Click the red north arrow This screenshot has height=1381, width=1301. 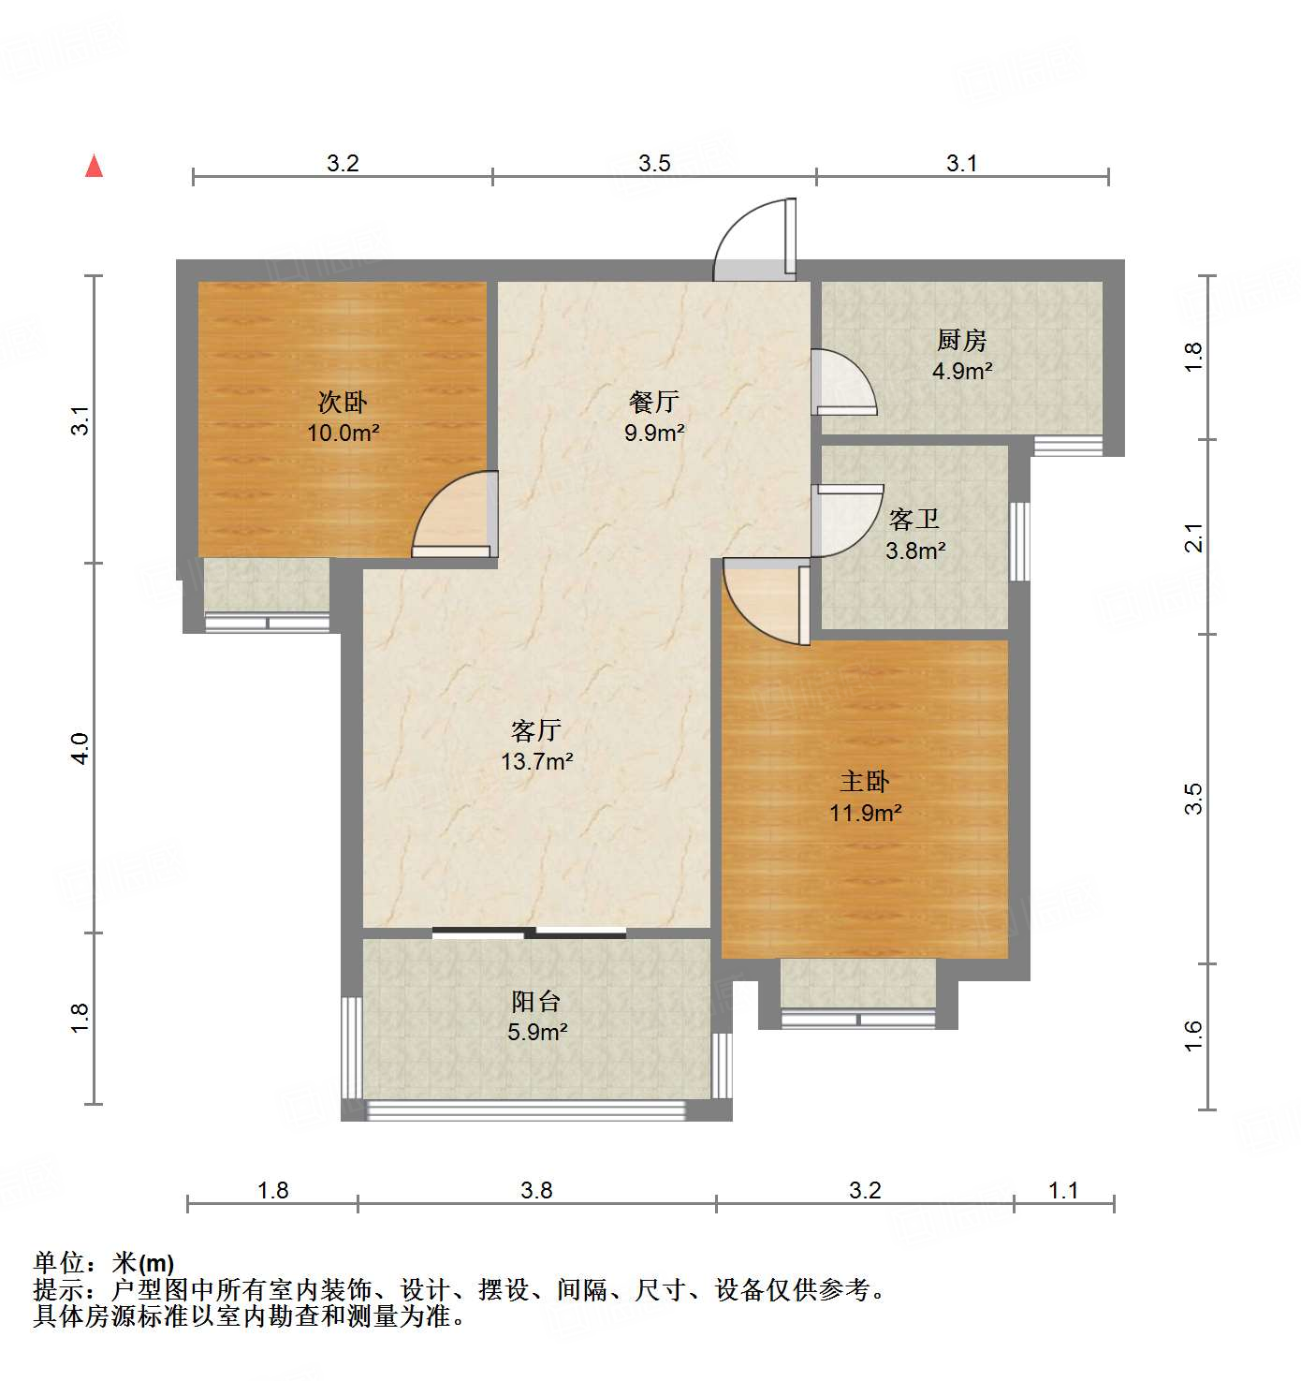94,166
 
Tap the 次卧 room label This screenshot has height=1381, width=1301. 343,403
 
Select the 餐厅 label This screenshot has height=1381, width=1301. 654,402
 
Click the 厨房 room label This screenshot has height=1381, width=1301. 961,340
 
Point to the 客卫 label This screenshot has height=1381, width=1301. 914,519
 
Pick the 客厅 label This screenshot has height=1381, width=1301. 536,730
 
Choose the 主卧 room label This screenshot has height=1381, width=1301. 864,782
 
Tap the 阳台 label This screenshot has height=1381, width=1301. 536,1002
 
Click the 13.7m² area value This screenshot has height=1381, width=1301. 536,762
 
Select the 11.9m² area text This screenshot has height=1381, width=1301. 865,813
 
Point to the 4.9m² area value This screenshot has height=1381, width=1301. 962,371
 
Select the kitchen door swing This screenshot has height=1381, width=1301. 842,382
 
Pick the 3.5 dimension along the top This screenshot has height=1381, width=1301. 654,164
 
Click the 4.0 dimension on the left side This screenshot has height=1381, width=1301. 80,748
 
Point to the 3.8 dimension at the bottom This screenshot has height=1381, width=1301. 536,1190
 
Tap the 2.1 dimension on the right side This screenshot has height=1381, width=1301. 1193,538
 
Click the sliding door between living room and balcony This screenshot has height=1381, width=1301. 530,933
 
